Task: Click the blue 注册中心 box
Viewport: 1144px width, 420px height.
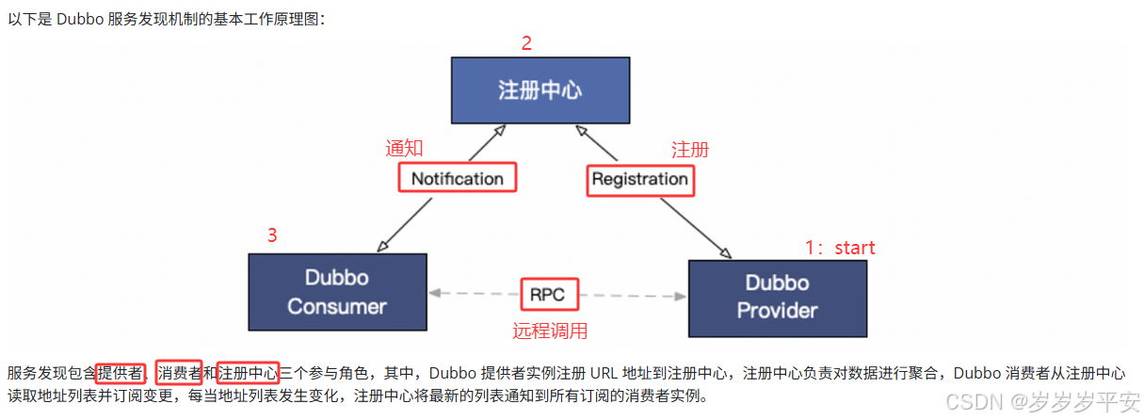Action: click(540, 90)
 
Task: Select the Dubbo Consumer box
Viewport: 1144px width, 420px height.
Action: click(337, 292)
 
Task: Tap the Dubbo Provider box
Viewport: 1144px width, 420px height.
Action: click(777, 297)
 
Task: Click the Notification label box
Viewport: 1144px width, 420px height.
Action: click(458, 178)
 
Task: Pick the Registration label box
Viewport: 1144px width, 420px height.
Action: click(640, 179)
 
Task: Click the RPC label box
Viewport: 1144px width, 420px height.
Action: click(547, 295)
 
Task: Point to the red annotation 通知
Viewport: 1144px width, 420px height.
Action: click(405, 149)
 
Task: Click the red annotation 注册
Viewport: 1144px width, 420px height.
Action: click(690, 150)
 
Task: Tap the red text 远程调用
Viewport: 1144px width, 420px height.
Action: click(550, 331)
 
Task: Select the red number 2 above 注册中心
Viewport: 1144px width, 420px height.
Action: click(526, 43)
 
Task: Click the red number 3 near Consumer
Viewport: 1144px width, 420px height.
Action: click(272, 236)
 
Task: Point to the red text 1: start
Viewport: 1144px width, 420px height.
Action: click(840, 248)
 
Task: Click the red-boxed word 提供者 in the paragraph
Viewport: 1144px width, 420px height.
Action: click(121, 372)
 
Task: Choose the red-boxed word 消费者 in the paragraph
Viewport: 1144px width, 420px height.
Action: click(179, 372)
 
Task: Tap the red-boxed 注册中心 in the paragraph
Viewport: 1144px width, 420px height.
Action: click(248, 372)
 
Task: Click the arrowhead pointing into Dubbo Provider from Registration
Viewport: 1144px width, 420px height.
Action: click(726, 253)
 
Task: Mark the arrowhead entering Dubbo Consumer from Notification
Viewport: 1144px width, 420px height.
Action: click(382, 248)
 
